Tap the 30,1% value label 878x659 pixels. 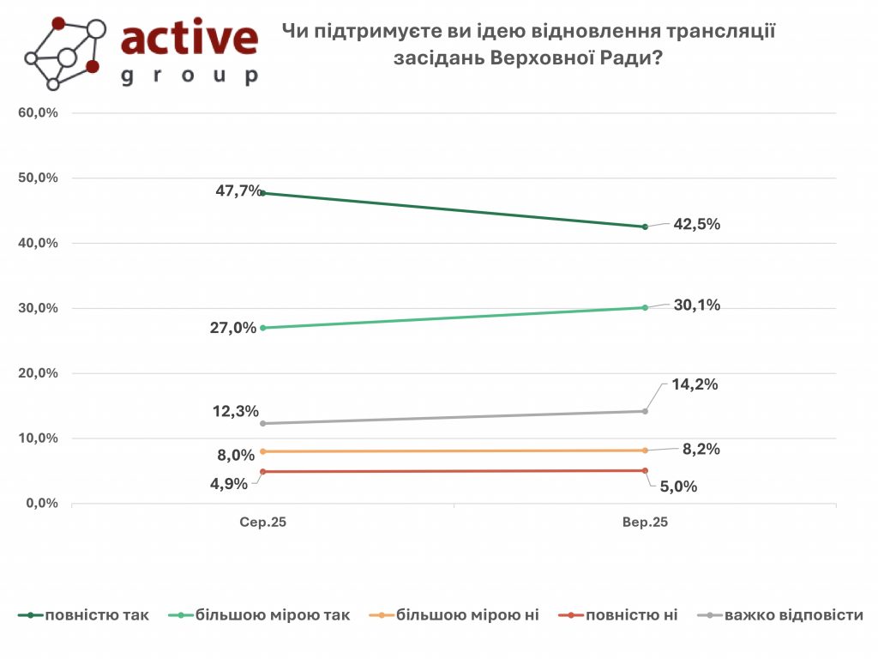[x=695, y=305]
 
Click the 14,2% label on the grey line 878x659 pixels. [x=694, y=384]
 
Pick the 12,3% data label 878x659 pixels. [x=236, y=411]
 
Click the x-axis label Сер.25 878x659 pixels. [x=262, y=522]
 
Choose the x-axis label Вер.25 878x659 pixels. [x=645, y=522]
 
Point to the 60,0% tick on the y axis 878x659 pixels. [x=38, y=112]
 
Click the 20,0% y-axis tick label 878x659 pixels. [x=38, y=373]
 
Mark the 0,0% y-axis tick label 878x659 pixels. [x=41, y=504]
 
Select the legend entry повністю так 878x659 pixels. [x=96, y=615]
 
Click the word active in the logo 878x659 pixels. [x=189, y=38]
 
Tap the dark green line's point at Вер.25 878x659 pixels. [x=645, y=227]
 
